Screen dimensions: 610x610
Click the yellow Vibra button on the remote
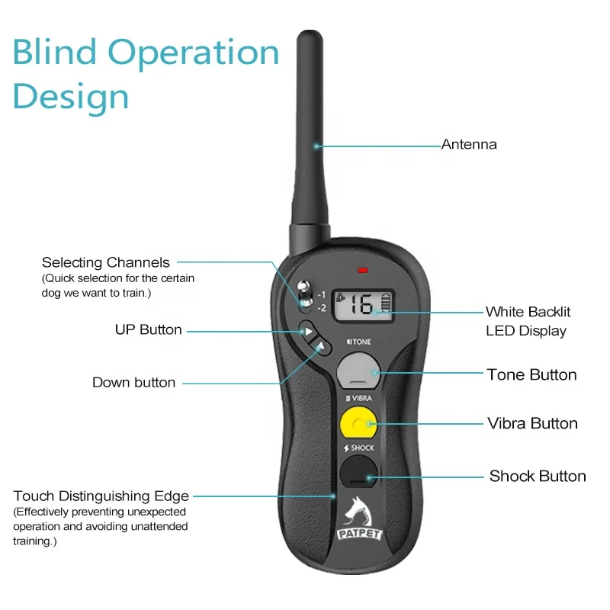pos(357,422)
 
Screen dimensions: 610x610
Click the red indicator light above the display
pos(363,270)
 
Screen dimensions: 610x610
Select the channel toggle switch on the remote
pos(303,297)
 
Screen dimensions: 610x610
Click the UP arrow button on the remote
pos(307,331)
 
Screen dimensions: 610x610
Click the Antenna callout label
pos(469,144)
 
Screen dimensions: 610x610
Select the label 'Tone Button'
pos(531,374)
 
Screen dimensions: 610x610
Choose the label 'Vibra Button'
pos(532,423)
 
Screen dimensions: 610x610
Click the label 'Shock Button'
pos(538,476)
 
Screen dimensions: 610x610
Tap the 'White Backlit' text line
pos(528,312)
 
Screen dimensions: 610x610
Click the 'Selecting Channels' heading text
pos(106,263)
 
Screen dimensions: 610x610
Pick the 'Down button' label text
pos(133,382)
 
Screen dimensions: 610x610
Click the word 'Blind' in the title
pos(56,53)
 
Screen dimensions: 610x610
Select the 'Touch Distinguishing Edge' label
pos(101,496)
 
